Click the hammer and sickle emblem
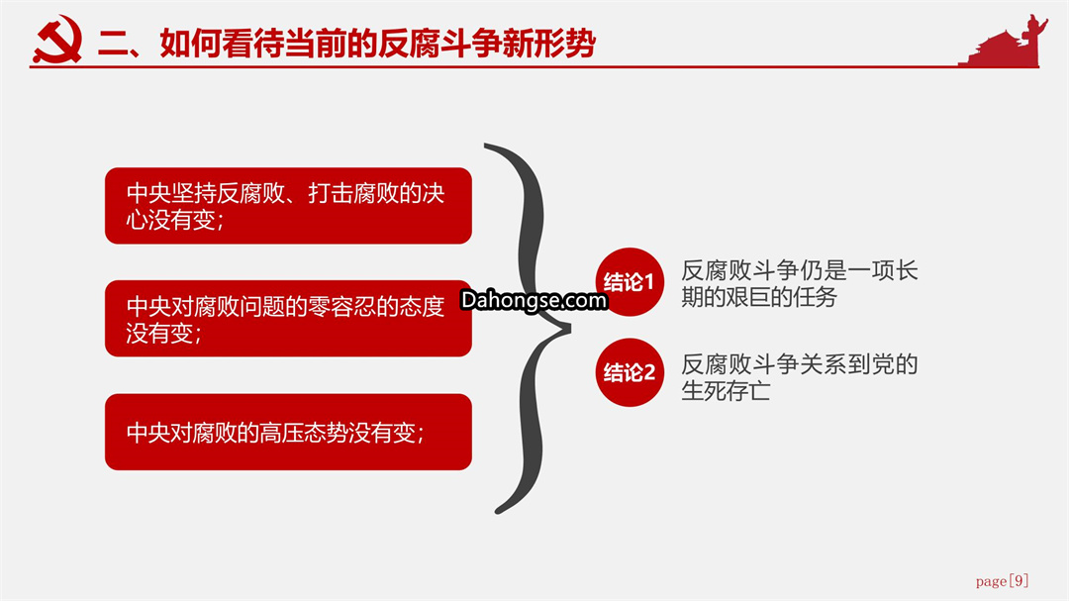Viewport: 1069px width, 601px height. pyautogui.click(x=58, y=40)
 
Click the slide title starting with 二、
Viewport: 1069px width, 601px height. pyautogui.click(x=347, y=43)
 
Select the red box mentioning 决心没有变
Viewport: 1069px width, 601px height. pyautogui.click(x=288, y=205)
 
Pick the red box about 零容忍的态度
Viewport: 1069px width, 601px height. pyautogui.click(x=288, y=318)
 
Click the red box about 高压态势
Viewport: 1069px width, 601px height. pyautogui.click(x=288, y=431)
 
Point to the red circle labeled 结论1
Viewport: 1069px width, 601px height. pyautogui.click(x=630, y=282)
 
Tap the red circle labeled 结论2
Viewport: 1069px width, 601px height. pyautogui.click(x=630, y=372)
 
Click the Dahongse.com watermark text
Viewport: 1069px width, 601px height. pyautogui.click(x=534, y=300)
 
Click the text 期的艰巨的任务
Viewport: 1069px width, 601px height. pyautogui.click(x=759, y=297)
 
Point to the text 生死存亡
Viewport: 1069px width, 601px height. pyautogui.click(x=727, y=391)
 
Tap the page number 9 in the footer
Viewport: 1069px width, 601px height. pyautogui.click(x=1019, y=580)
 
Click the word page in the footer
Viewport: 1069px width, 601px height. pyautogui.click(x=991, y=582)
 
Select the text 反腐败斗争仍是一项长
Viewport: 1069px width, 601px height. pyautogui.click(x=800, y=271)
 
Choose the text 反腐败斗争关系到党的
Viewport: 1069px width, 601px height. pyautogui.click(x=800, y=364)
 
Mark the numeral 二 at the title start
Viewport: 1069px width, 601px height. pyautogui.click(x=113, y=44)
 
